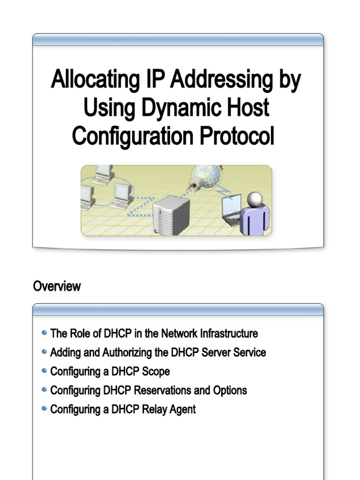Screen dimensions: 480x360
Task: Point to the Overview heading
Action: pyautogui.click(x=57, y=286)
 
